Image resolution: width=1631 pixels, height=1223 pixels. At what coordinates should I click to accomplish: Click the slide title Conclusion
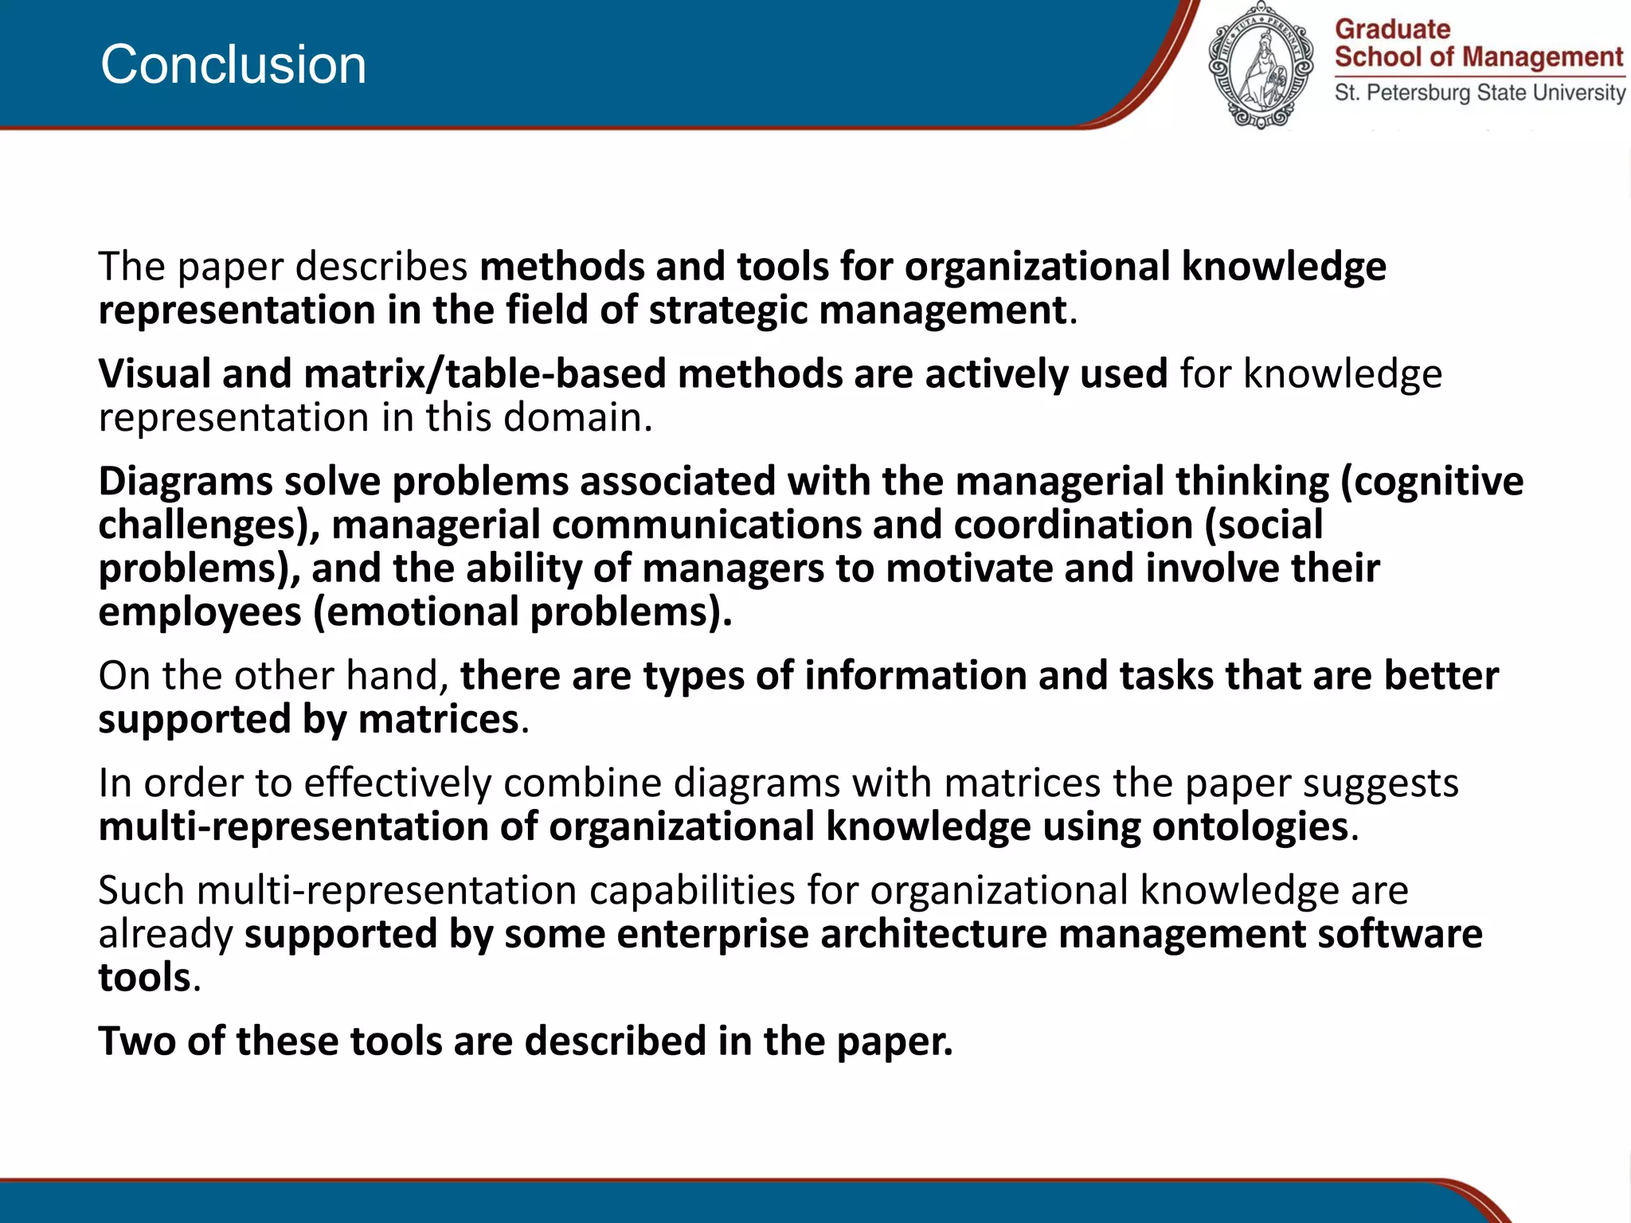(233, 64)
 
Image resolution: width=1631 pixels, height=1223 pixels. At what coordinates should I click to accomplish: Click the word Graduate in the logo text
(1392, 29)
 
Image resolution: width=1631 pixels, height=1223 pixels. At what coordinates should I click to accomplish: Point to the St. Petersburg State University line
(1480, 92)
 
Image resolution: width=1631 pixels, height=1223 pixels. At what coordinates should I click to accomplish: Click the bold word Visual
(154, 374)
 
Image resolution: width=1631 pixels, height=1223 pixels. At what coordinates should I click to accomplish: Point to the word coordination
(1073, 526)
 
